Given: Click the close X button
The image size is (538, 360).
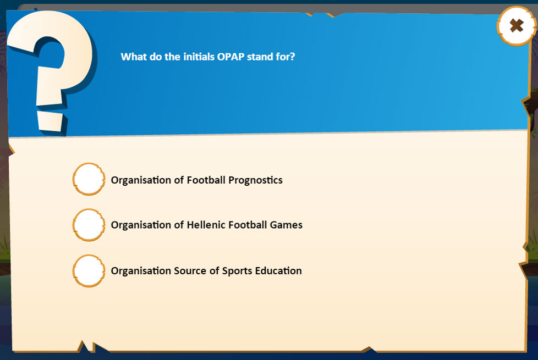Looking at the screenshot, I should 516,25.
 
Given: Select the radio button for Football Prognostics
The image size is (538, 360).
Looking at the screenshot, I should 89,179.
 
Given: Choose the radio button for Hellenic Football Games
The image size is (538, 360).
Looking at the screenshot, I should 89,225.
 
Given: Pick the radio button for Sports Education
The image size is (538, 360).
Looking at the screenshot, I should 89,270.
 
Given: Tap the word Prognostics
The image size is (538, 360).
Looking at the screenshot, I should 255,180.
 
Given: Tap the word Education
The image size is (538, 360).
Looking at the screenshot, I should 277,271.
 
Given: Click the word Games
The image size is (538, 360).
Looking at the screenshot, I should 286,225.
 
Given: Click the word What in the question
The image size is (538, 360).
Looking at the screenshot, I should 134,57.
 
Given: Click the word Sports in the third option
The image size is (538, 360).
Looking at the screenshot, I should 236,271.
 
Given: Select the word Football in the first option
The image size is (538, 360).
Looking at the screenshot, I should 206,180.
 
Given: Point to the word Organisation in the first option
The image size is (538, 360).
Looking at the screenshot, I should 141,180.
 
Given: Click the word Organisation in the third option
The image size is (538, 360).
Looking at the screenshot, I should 141,271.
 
